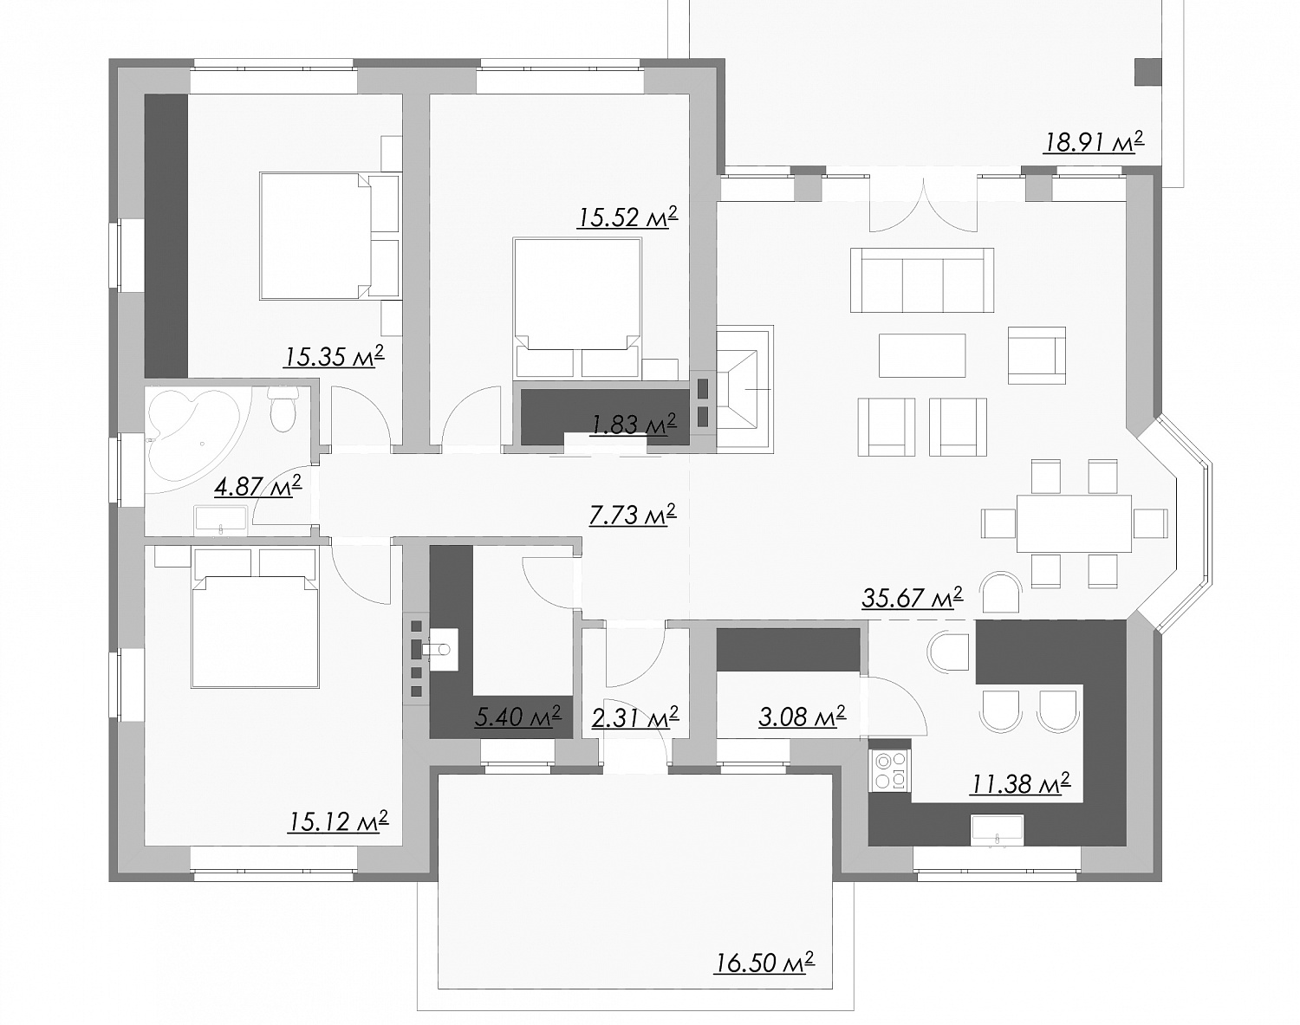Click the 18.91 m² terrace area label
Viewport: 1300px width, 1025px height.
pos(1094,142)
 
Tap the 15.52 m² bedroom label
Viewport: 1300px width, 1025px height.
pos(627,217)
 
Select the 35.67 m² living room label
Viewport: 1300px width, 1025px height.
pos(912,597)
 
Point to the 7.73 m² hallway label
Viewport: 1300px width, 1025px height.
pos(632,514)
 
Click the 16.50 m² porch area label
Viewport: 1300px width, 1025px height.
pos(764,963)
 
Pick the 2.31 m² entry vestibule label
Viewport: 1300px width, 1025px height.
pos(635,717)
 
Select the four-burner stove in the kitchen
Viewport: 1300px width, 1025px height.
pos(890,770)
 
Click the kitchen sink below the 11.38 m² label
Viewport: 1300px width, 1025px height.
pos(997,831)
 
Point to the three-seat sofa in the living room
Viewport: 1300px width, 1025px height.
pos(922,280)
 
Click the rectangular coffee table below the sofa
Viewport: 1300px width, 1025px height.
pos(922,355)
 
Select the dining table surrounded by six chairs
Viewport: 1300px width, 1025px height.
pos(1074,523)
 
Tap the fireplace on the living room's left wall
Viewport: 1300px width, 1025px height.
pos(744,390)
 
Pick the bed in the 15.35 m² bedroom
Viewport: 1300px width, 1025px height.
pos(330,237)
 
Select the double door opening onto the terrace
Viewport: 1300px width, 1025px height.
pos(923,205)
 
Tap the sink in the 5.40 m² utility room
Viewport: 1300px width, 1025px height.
pos(440,650)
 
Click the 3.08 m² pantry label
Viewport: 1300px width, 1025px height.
pos(802,717)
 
